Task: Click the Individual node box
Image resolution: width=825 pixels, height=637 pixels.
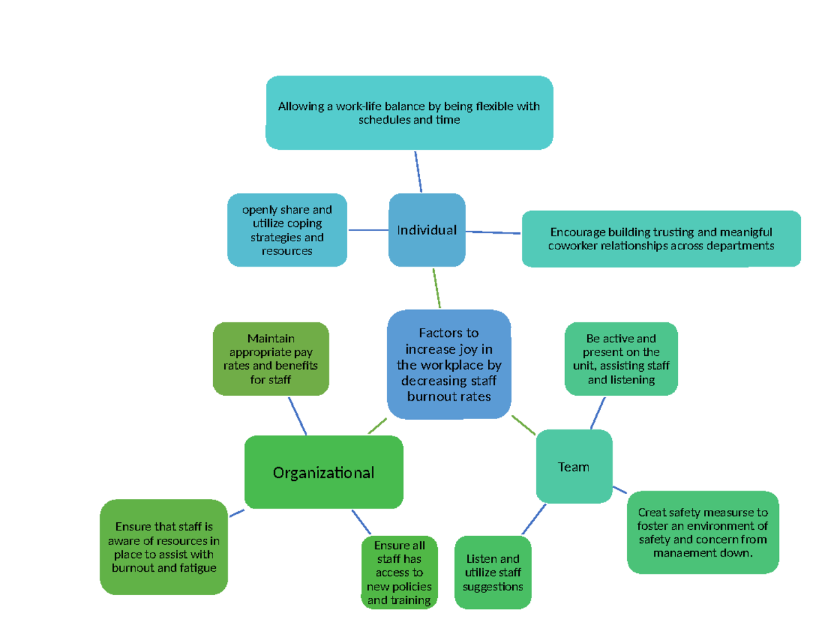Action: click(x=426, y=230)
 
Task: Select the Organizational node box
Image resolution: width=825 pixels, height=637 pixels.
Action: click(x=323, y=472)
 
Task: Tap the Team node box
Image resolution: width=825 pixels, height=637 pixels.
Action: click(x=573, y=467)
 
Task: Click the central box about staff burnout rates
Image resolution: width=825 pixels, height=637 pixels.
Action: click(x=449, y=365)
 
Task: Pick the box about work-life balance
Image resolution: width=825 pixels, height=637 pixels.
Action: click(x=409, y=113)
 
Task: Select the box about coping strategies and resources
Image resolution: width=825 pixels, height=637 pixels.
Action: click(x=287, y=230)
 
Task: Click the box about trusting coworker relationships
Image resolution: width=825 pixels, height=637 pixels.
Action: click(x=661, y=238)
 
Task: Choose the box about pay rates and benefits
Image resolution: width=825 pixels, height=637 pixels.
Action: click(x=271, y=359)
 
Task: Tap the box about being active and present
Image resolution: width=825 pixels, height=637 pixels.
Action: click(x=621, y=359)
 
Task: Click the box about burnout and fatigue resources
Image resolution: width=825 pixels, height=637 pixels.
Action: click(x=164, y=547)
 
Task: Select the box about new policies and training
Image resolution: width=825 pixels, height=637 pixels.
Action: click(x=399, y=572)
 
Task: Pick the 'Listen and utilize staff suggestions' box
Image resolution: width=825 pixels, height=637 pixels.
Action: click(x=492, y=572)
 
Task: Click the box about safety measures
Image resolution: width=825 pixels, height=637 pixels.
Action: click(x=703, y=533)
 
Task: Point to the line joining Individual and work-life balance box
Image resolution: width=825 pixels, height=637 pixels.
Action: click(x=418, y=172)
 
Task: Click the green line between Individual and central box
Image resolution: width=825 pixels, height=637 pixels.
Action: click(x=437, y=288)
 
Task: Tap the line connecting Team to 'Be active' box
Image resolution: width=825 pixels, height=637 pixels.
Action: click(x=598, y=412)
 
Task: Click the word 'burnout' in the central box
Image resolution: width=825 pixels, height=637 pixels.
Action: click(x=429, y=396)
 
